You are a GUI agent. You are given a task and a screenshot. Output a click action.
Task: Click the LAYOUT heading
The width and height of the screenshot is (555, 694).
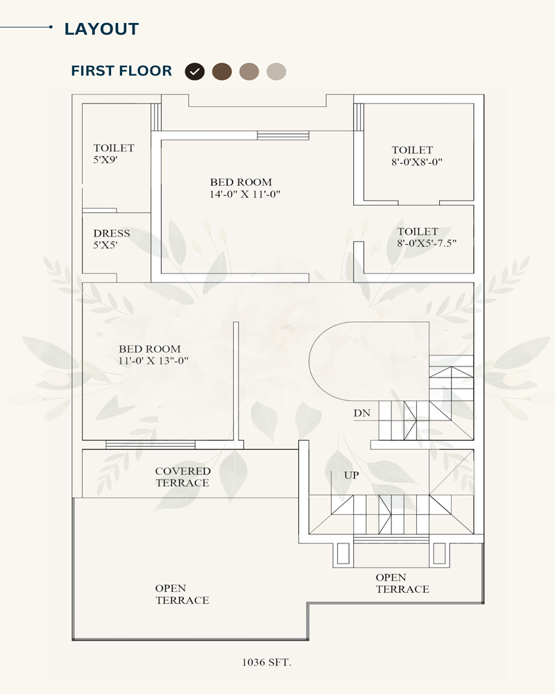click(x=101, y=29)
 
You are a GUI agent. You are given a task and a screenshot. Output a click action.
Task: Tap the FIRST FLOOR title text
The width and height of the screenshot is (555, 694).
click(x=121, y=71)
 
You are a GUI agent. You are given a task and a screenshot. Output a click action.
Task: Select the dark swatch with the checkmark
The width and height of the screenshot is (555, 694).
click(x=195, y=71)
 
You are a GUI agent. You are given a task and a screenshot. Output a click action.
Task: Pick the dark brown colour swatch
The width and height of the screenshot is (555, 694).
click(x=222, y=71)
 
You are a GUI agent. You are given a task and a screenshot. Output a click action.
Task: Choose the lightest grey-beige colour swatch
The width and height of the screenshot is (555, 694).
click(x=276, y=71)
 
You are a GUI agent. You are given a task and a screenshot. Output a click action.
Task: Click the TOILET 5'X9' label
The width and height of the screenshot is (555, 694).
click(x=114, y=153)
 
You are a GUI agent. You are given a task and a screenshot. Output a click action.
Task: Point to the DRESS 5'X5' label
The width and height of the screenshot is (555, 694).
click(x=112, y=239)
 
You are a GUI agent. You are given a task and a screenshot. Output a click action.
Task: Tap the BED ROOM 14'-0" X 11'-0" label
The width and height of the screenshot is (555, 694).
click(x=245, y=188)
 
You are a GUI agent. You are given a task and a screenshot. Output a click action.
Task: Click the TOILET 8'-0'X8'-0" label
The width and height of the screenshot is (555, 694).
click(x=416, y=155)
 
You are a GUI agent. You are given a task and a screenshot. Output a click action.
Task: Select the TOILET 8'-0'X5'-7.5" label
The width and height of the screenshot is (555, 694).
click(x=427, y=237)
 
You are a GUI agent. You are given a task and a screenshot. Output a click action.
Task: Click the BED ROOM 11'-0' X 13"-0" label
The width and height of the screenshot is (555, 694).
click(x=153, y=355)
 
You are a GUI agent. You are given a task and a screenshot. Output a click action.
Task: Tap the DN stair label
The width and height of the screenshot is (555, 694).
click(x=362, y=413)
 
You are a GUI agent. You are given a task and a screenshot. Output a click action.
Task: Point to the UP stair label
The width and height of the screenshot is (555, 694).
click(x=352, y=475)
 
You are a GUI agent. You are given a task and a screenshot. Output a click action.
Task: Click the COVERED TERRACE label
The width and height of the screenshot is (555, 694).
click(x=182, y=477)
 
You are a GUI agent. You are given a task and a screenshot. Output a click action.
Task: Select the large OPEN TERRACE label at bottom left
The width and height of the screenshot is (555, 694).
click(x=182, y=594)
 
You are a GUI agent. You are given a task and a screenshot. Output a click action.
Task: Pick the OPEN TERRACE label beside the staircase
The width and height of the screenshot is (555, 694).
click(x=402, y=584)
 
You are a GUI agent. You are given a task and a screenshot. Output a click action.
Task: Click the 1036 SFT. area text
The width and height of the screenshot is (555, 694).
click(x=266, y=662)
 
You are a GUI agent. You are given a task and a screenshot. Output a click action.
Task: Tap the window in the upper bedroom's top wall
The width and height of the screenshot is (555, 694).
click(x=283, y=135)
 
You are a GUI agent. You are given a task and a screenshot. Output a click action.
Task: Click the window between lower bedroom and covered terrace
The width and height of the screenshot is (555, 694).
click(x=151, y=445)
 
